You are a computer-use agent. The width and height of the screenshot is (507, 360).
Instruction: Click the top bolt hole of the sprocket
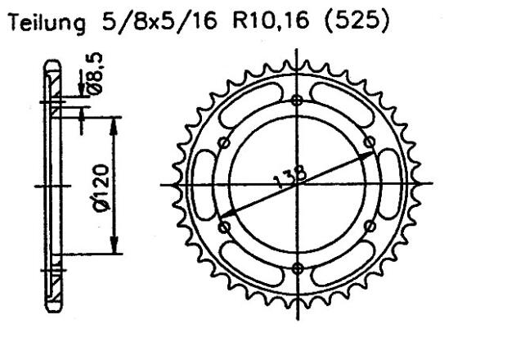click(x=296, y=101)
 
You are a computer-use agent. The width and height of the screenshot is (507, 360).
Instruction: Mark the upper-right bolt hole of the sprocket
click(x=369, y=143)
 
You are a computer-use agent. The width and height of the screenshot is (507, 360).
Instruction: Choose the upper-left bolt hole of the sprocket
click(x=223, y=143)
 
